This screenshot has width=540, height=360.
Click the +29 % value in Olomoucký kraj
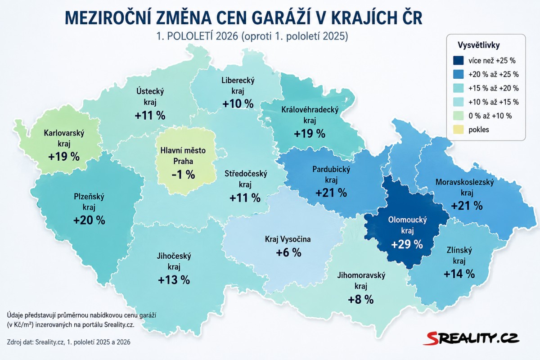click(407, 244)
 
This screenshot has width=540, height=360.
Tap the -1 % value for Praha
click(183, 174)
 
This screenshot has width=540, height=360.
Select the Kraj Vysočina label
click(288, 239)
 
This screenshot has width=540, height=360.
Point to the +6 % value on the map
click(288, 252)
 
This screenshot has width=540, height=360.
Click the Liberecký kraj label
click(238, 85)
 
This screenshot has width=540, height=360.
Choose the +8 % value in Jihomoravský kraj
click(361, 300)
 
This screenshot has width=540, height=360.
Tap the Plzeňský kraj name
click(89, 202)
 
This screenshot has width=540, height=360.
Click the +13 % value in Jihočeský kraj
click(174, 280)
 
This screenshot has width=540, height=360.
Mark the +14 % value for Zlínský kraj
click(459, 274)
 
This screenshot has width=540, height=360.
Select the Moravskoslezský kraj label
click(464, 187)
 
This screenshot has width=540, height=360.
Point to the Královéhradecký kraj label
click(310, 115)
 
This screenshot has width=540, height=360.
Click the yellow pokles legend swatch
click(458, 130)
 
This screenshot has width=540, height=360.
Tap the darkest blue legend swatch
click(458, 60)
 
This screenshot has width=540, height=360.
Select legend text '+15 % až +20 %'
click(494, 88)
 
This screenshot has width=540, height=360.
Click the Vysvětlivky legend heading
click(478, 45)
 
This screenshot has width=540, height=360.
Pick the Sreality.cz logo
click(471, 339)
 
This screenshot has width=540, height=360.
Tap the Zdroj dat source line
click(69, 342)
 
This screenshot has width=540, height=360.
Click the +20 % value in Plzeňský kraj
click(89, 220)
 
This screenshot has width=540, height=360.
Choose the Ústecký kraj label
click(150, 96)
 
